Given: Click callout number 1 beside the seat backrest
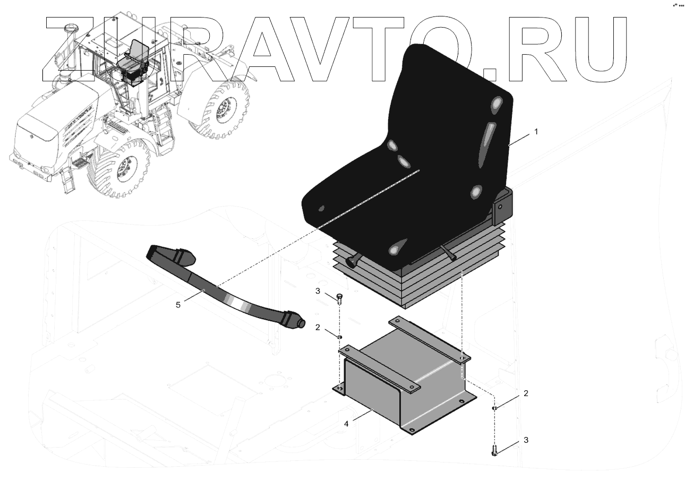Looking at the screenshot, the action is point(536,132).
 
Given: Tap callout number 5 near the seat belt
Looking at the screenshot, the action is point(178,305).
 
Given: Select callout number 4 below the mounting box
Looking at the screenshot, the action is point(346,424).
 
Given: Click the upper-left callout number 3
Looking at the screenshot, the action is point(318,291).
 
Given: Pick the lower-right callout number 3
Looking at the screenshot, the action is point(526,440).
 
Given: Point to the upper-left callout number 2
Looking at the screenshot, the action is point(318,328).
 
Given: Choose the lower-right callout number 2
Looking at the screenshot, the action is point(526,393).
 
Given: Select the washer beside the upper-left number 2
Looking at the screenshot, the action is point(339,337).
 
